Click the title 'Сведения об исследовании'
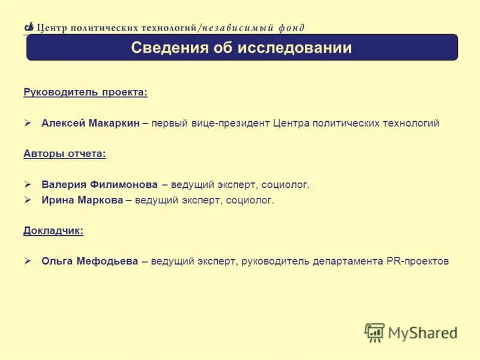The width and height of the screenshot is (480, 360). (x=241, y=48)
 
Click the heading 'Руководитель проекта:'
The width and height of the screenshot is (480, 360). (x=85, y=92)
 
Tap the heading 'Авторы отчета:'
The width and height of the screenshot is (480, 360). (x=65, y=154)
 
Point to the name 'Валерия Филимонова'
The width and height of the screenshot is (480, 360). (x=100, y=185)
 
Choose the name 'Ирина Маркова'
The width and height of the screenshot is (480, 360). (x=82, y=200)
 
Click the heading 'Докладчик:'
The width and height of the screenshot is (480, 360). (x=53, y=230)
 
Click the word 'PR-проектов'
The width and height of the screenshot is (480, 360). (x=418, y=262)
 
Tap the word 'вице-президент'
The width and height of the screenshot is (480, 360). (x=238, y=123)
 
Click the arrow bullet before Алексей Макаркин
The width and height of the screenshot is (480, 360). (x=28, y=123)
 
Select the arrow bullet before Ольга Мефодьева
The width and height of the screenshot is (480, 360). (x=28, y=262)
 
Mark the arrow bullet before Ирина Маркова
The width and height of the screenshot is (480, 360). (x=28, y=200)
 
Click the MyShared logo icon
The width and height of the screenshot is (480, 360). (x=374, y=332)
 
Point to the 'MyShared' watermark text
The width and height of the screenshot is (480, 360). (x=422, y=332)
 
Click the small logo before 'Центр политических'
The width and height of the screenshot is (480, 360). (x=29, y=27)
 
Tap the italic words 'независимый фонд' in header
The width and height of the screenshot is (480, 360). (x=253, y=28)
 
